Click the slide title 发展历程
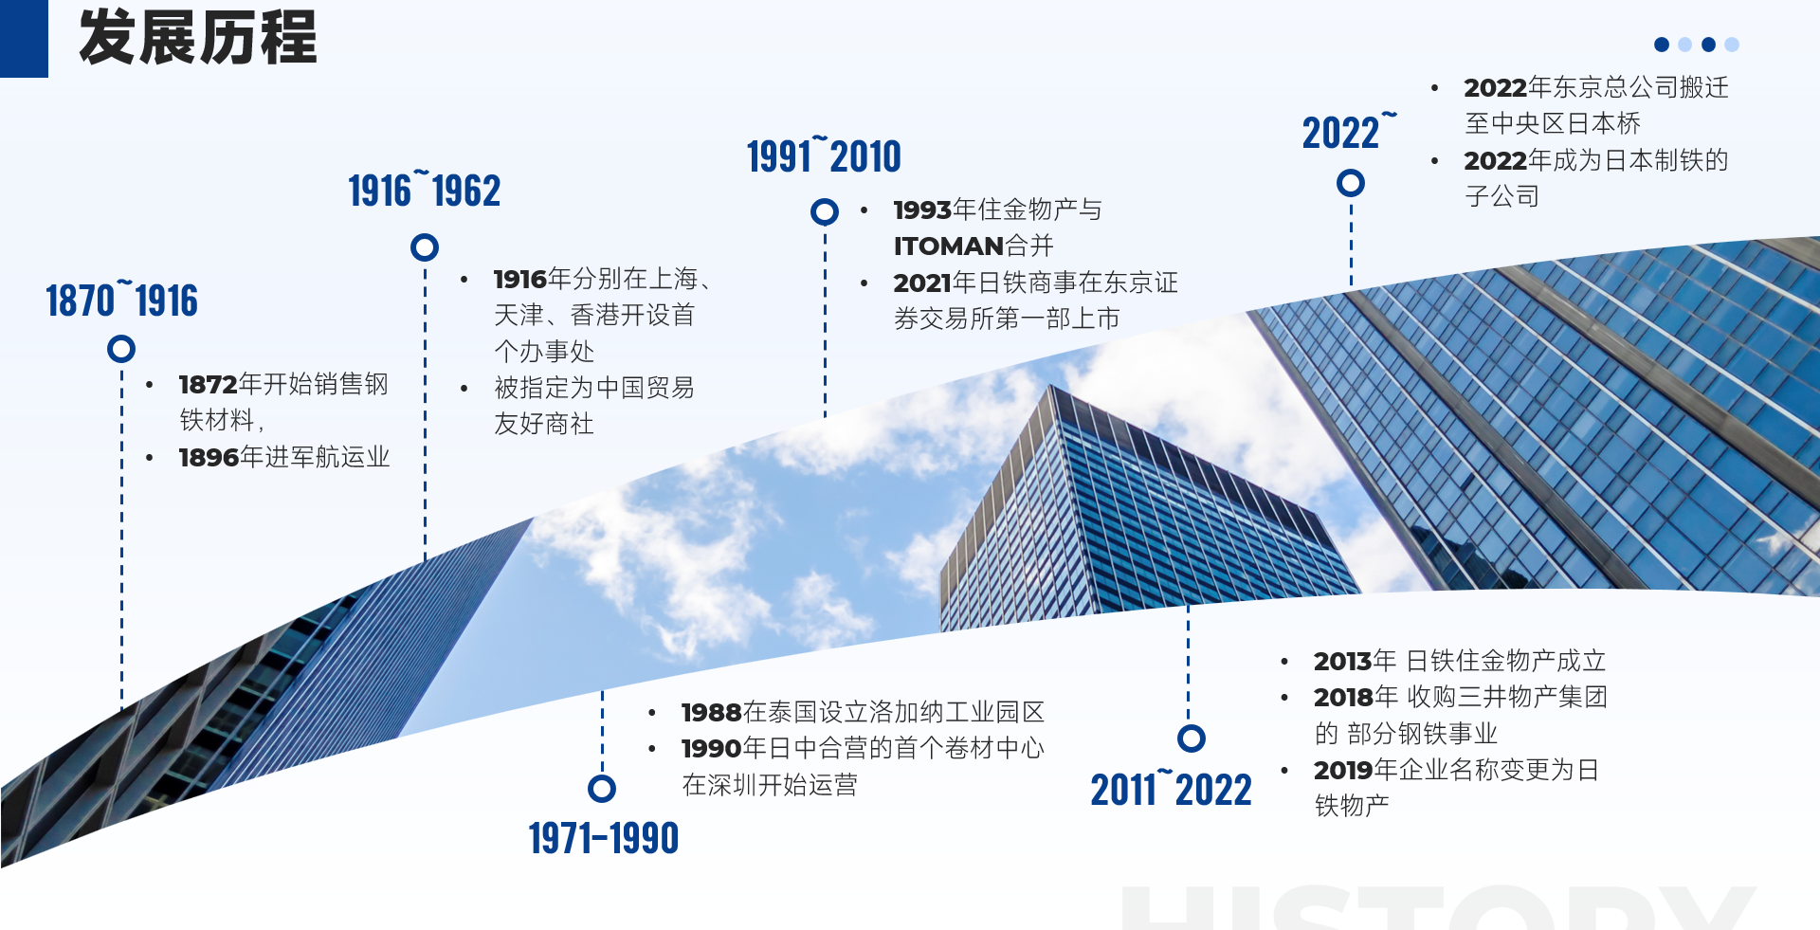point(197,38)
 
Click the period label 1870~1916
point(121,301)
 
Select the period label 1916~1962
point(424,191)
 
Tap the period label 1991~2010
point(824,156)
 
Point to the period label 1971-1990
point(604,838)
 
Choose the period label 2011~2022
point(1171,789)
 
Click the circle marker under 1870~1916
point(121,349)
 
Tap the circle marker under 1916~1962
point(425,247)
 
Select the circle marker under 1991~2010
point(825,211)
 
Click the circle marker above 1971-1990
point(602,788)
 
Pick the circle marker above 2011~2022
point(1192,738)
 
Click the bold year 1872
point(208,384)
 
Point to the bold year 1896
point(208,457)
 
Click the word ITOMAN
point(949,246)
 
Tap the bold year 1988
point(711,712)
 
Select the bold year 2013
point(1342,661)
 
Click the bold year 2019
point(1342,770)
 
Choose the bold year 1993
point(921,210)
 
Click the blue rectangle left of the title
point(24,39)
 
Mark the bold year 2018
point(1342,697)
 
